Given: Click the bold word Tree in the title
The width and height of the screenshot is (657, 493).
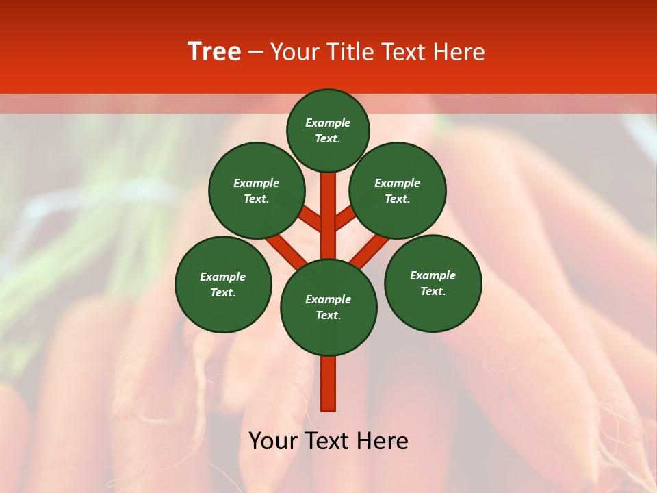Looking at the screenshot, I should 214,52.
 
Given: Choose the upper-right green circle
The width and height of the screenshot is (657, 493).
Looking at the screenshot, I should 398,190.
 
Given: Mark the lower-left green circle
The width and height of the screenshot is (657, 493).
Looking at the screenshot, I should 223,284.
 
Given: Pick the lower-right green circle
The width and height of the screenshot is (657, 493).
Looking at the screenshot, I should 433,283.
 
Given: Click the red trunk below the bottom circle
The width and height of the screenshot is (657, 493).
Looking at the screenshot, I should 328,383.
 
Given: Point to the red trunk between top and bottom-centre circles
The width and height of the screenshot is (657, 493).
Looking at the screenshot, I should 328,216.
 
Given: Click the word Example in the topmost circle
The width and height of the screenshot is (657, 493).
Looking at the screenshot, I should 328,123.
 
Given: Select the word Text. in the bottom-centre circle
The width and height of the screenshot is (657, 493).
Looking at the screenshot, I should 328,316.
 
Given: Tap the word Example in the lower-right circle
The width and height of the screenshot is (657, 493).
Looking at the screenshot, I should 433,275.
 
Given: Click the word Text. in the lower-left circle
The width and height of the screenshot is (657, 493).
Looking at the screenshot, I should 223,293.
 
